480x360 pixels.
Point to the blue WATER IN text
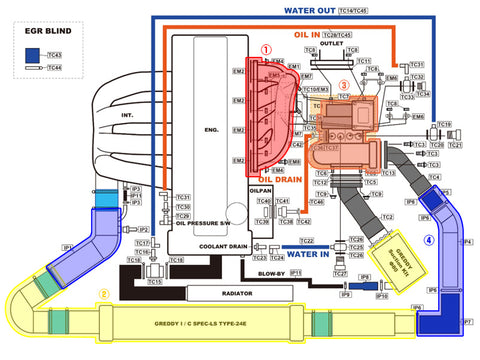tap(308, 254)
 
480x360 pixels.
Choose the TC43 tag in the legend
tap(54, 55)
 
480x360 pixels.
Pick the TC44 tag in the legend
tap(54, 68)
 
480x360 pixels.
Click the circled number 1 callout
tap(265, 48)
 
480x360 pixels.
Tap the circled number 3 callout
tap(344, 85)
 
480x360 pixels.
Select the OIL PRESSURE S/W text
tap(207, 223)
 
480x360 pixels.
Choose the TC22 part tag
tap(308, 241)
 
